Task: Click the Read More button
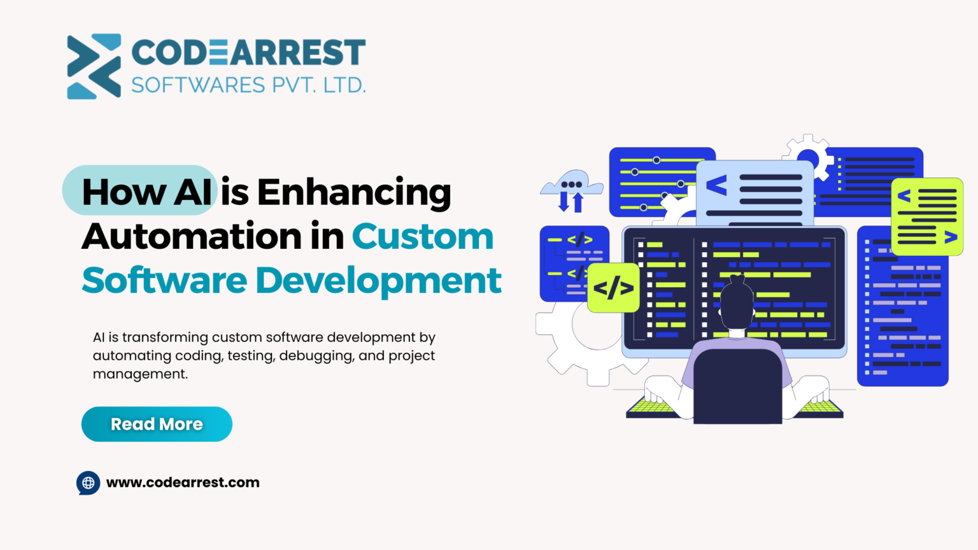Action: click(157, 424)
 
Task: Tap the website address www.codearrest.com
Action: click(183, 483)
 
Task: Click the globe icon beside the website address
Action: click(89, 483)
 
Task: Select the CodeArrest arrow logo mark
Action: click(94, 66)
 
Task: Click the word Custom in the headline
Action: click(423, 237)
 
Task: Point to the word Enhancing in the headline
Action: click(354, 192)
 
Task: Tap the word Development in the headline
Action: click(379, 281)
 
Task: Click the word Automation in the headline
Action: click(192, 237)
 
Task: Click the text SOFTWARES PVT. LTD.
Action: click(248, 85)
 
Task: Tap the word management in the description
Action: click(140, 374)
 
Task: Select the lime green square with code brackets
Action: click(613, 288)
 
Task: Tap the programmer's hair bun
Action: click(737, 280)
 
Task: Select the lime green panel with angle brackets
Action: click(927, 216)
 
